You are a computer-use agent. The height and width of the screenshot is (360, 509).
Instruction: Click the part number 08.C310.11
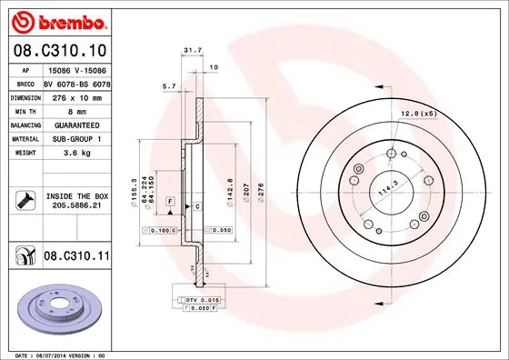point(75,257)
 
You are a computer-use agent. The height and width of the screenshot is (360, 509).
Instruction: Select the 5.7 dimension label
point(167,86)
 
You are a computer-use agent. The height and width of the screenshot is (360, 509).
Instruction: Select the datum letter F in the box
point(170,200)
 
